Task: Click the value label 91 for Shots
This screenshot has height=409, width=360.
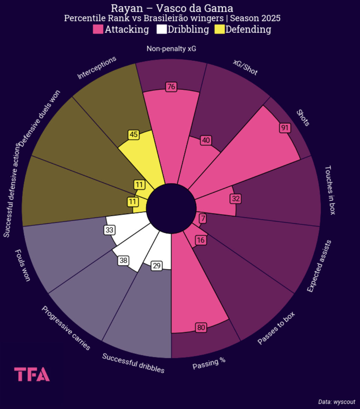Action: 284,128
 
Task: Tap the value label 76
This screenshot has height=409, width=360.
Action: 171,87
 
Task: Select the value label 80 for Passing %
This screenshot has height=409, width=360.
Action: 201,327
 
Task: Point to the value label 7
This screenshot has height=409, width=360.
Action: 203,219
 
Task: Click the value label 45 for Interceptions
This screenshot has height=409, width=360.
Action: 133,135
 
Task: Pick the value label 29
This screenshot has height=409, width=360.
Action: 157,266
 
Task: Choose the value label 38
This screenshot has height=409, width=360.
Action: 123,260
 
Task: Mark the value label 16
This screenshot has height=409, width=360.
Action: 200,240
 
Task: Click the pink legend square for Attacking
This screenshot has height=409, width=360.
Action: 98,30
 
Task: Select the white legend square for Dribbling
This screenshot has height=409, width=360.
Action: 161,30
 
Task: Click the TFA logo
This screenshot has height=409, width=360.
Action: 32,374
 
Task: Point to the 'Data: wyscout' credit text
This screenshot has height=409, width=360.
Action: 337,402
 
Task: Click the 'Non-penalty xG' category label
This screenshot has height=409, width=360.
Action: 171,49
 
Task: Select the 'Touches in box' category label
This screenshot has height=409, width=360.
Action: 330,190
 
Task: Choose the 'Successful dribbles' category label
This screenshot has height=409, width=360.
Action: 133,363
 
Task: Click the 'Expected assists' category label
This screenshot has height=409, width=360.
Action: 319,266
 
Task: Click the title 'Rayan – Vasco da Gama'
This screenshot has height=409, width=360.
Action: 172,8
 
